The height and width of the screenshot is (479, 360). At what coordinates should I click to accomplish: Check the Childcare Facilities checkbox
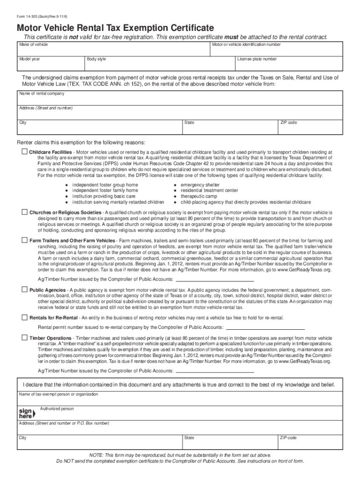[25, 152]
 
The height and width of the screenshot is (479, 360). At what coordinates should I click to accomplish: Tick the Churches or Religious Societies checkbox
[25, 212]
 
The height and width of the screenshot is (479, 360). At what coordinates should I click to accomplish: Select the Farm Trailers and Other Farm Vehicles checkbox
[25, 240]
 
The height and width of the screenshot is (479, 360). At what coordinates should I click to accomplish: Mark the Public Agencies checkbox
[25, 290]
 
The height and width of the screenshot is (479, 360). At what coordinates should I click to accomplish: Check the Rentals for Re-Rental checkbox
[25, 318]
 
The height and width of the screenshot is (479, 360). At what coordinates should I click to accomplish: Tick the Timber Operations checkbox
[25, 337]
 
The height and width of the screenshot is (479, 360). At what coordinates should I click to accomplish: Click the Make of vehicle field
[112, 51]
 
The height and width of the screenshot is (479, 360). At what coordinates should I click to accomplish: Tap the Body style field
[159, 65]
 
